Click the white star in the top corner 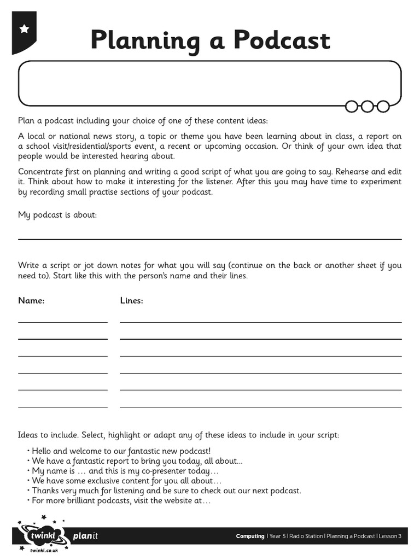(24, 29)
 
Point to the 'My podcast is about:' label (57, 215)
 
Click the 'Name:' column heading (31, 300)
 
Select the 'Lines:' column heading (131, 300)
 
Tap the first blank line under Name (63, 322)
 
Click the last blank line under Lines (260, 407)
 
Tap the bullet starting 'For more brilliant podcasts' (121, 500)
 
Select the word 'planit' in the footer (85, 536)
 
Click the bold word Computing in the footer (250, 536)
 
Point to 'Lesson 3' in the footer (390, 536)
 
